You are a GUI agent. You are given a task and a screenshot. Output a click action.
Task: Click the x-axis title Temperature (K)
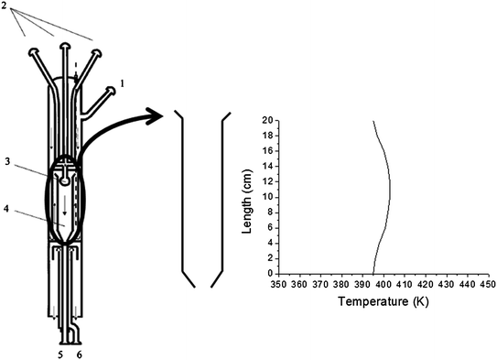(x=378, y=300)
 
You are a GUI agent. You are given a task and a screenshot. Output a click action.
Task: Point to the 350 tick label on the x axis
(x=278, y=285)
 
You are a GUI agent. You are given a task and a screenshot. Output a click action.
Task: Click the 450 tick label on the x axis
(x=488, y=285)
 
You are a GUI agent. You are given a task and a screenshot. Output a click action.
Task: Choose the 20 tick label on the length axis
(x=266, y=119)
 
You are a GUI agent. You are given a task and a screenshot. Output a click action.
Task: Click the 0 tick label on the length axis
(x=269, y=273)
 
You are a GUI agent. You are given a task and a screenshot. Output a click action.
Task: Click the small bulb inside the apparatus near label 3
(x=64, y=180)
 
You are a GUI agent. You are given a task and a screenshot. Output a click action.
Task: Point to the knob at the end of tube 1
(x=112, y=90)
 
